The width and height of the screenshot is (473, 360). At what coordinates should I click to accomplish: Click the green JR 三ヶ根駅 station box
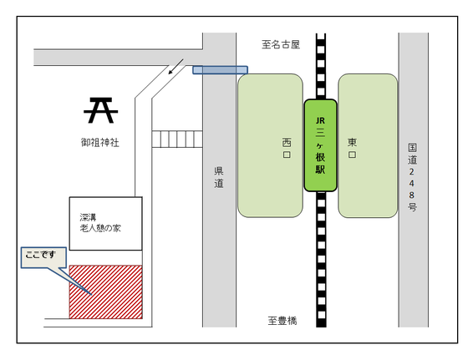320,145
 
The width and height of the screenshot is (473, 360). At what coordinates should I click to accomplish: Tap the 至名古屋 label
281,44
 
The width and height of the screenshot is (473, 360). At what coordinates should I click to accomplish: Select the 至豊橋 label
282,320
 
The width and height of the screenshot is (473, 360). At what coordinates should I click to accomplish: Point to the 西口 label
287,148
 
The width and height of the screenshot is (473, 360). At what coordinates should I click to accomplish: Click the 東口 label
352,148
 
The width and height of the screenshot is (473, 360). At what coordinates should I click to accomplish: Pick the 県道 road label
219,177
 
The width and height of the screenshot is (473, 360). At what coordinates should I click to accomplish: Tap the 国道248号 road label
412,177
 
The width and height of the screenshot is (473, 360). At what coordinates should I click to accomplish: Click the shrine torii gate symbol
101,110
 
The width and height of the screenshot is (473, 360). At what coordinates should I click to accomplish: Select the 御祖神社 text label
99,142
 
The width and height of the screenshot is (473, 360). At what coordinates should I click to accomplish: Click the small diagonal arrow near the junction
175,66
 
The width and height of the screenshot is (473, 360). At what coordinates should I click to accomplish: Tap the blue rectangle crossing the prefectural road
221,70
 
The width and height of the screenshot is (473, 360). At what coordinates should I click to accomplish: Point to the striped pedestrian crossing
177,139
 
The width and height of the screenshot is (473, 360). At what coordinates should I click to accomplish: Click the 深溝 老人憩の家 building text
100,222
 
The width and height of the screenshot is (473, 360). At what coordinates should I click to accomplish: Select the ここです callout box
43,257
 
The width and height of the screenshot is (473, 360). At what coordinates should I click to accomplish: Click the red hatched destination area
106,292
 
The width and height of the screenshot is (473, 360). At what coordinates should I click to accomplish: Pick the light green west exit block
270,145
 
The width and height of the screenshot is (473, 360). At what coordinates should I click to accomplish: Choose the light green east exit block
368,145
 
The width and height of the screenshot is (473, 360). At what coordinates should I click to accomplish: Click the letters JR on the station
320,120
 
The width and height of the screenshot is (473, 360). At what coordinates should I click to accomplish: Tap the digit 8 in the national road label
412,195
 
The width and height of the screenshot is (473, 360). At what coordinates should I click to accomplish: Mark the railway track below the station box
321,259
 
